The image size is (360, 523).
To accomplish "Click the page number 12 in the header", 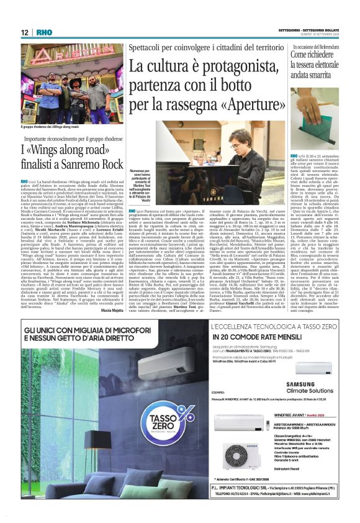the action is tap(24, 32).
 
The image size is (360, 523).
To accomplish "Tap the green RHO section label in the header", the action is tap(43, 32).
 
